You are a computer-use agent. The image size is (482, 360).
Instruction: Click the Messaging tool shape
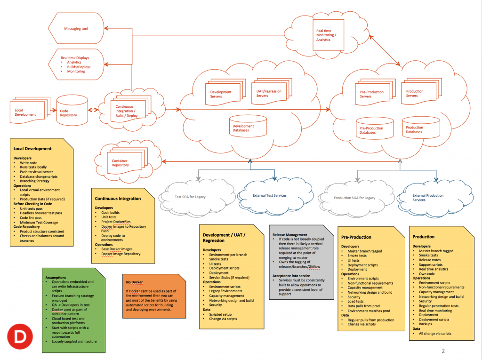76,29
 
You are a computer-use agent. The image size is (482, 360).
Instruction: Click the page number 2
443,351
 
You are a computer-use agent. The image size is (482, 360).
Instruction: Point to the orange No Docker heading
133,282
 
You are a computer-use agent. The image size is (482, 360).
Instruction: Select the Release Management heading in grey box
290,234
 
